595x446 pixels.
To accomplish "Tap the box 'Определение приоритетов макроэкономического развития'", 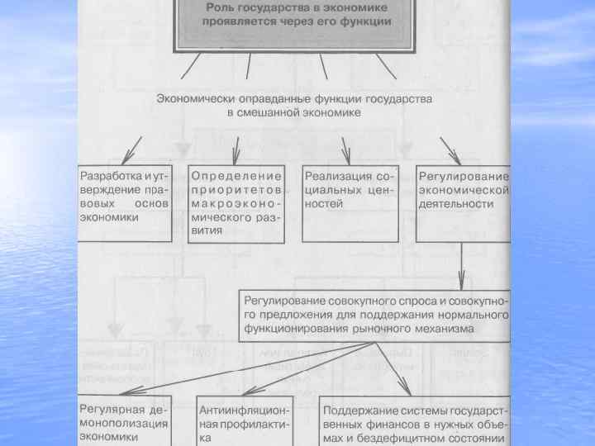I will [x=238, y=203].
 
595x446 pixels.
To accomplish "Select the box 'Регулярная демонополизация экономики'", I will [x=124, y=421].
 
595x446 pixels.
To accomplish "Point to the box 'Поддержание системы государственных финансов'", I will [x=415, y=421].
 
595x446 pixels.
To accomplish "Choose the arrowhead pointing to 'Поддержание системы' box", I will [x=404, y=390].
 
